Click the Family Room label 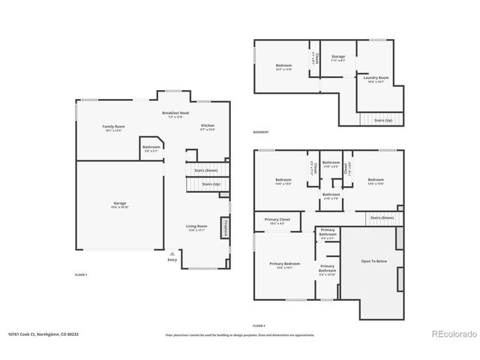(x=113, y=126)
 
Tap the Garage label (x=120, y=204)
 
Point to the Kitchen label (x=207, y=125)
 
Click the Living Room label (x=196, y=226)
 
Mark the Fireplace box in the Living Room (x=224, y=227)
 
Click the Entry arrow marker (x=172, y=253)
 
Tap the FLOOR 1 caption (x=80, y=275)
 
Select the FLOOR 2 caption (x=259, y=325)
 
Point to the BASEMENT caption (x=261, y=132)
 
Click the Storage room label (x=339, y=56)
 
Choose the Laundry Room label (x=376, y=77)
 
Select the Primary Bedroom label (x=284, y=264)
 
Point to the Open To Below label (x=373, y=261)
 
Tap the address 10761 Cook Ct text (x=43, y=334)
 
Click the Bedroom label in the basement (x=283, y=65)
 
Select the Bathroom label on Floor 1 (x=151, y=147)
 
